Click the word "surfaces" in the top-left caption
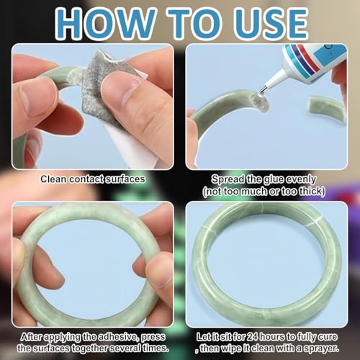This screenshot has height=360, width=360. point(120,179)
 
